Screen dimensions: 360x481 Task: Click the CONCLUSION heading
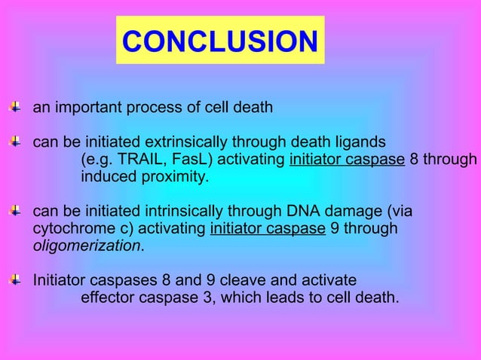(x=219, y=41)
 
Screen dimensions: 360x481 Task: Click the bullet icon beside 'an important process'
(x=14, y=107)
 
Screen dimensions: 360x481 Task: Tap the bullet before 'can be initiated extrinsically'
(x=14, y=141)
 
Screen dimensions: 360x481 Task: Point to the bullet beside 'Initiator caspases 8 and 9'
(x=14, y=279)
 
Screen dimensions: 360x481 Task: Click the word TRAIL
(x=133, y=160)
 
